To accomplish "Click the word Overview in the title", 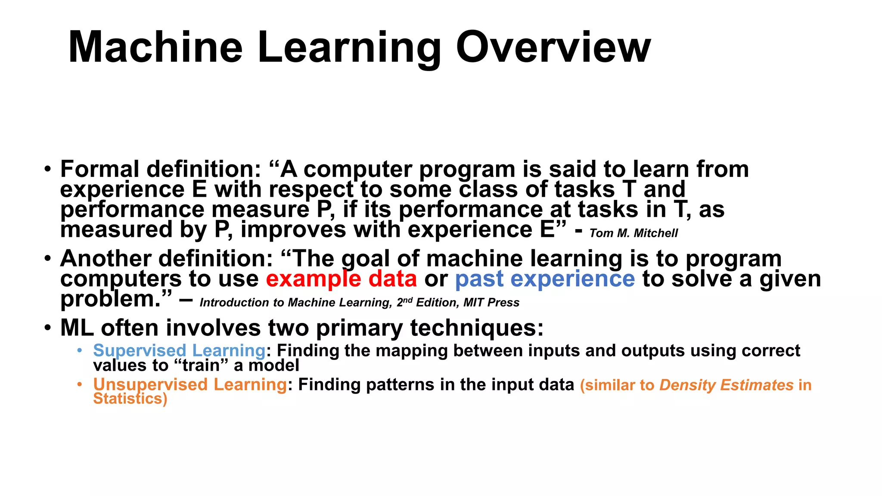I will tap(553, 47).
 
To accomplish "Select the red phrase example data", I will tap(341, 279).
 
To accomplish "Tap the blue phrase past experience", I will tap(545, 279).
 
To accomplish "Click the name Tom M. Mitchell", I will tap(634, 233).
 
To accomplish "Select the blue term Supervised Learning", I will tap(179, 350).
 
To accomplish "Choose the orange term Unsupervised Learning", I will tap(190, 384).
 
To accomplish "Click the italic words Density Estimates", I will tap(726, 385).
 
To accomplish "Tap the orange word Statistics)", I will tap(130, 399).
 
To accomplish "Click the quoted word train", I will tap(201, 366).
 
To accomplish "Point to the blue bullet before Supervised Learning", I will tap(79, 350).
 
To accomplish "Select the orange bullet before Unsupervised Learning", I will tap(79, 384).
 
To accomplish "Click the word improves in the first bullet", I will tap(293, 229).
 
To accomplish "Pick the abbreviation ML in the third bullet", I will tap(77, 328).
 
